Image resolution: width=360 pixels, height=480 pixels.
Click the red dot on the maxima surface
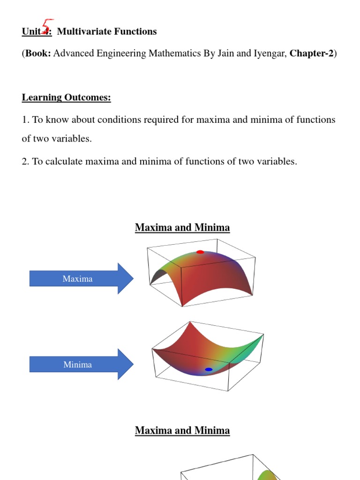(200, 252)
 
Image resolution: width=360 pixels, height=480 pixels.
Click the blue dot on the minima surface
(209, 369)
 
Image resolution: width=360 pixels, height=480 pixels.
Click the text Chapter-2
(311, 53)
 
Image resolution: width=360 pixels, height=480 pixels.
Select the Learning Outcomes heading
(66, 97)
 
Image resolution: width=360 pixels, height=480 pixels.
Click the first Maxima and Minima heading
(182, 228)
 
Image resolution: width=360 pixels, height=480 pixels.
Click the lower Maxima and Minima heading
(182, 430)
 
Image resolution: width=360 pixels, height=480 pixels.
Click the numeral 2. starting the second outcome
(25, 162)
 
